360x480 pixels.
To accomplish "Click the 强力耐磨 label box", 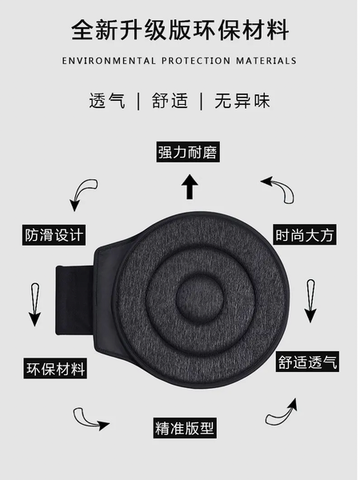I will pyautogui.click(x=189, y=152).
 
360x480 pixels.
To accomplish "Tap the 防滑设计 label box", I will pyautogui.click(x=54, y=236).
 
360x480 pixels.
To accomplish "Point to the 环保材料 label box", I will pyautogui.click(x=54, y=370).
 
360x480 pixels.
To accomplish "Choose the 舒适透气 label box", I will pyautogui.click(x=308, y=362).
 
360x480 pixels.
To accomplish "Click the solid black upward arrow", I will pyautogui.click(x=190, y=187).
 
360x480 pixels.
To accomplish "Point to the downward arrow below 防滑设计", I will pyautogui.click(x=34, y=303).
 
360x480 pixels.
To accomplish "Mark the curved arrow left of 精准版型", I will pyautogui.click(x=90, y=418).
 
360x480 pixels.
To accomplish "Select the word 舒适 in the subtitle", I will pyautogui.click(x=170, y=102).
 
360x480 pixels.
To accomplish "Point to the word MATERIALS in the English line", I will pyautogui.click(x=266, y=61).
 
